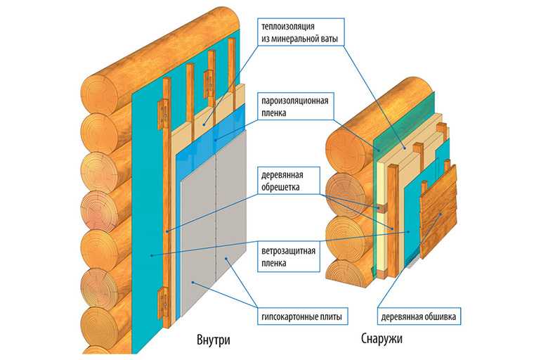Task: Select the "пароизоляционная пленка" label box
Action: click(x=295, y=106)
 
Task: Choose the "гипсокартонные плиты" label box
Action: click(x=302, y=316)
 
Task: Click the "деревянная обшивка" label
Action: click(x=419, y=316)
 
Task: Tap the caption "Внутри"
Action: click(x=213, y=340)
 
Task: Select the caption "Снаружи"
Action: click(x=382, y=338)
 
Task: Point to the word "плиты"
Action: click(x=330, y=316)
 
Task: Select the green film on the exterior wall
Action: click(x=404, y=122)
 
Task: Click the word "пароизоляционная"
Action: click(x=294, y=101)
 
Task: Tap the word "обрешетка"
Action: click(x=280, y=187)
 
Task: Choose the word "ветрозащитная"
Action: click(x=288, y=250)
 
